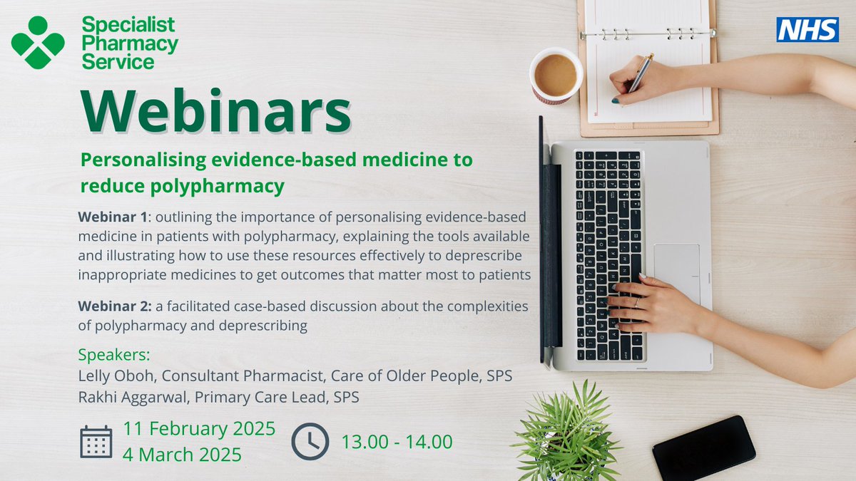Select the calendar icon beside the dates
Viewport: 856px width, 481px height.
coord(96,441)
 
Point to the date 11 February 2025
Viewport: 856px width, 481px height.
coord(199,429)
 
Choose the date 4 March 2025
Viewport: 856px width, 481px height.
coord(182,454)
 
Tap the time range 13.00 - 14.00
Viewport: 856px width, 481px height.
coord(397,442)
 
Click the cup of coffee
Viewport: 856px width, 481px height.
coord(556,76)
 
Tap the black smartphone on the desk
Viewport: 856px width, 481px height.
coord(703,448)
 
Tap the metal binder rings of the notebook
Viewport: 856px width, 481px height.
coord(647,33)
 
